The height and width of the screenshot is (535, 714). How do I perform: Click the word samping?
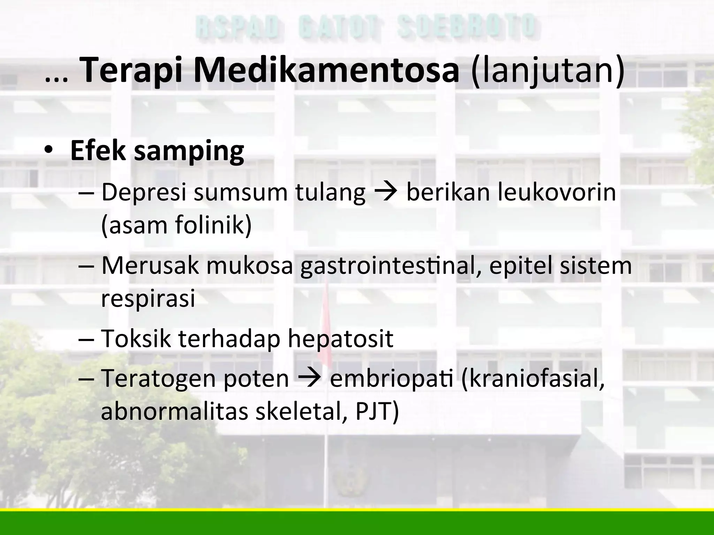point(189,152)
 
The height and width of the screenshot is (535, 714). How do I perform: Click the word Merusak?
point(150,265)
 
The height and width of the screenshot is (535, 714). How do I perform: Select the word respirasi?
point(148,299)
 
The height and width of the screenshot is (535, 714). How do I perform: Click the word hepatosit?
point(340,339)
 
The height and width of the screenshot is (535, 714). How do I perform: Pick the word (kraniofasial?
point(533,379)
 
